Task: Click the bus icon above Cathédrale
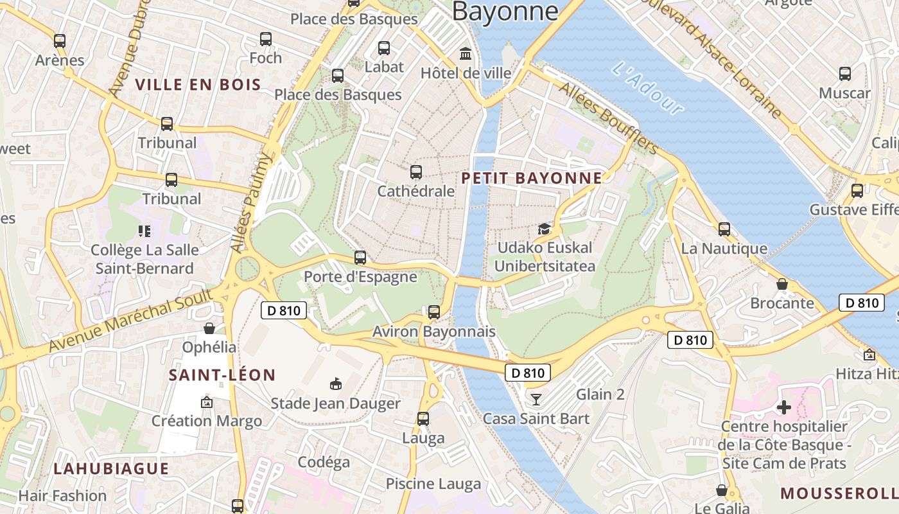[x=415, y=172]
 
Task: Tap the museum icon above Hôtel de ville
[x=465, y=53]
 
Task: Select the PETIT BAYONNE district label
[x=532, y=178]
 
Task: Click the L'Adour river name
[x=647, y=89]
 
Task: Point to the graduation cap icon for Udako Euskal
[x=544, y=229]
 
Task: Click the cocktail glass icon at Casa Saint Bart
[x=536, y=400]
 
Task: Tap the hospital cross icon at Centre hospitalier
[x=783, y=407]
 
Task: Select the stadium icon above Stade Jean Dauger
[x=335, y=384]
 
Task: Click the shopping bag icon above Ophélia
[x=209, y=329]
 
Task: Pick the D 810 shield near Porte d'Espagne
[x=283, y=310]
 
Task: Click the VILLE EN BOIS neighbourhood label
[x=198, y=84]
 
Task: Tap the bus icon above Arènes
[x=60, y=41]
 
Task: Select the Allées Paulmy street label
[x=250, y=202]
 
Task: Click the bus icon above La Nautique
[x=724, y=229]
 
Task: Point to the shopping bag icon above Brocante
[x=782, y=284]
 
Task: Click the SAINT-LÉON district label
[x=222, y=375]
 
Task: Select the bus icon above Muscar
[x=844, y=74]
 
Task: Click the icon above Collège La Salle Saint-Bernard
[x=144, y=231]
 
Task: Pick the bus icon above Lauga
[x=423, y=419]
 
